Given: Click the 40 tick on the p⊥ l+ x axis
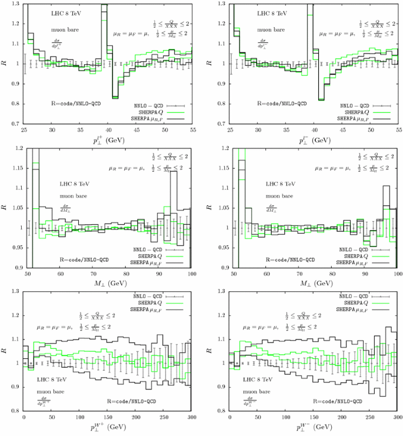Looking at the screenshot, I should [108, 129].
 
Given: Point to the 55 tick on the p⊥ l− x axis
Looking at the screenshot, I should [398, 129].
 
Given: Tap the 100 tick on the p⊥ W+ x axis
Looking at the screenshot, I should [80, 417].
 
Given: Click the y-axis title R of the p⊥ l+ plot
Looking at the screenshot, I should [5, 62].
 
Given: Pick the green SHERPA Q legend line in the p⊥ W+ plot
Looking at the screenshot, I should [178, 304].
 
